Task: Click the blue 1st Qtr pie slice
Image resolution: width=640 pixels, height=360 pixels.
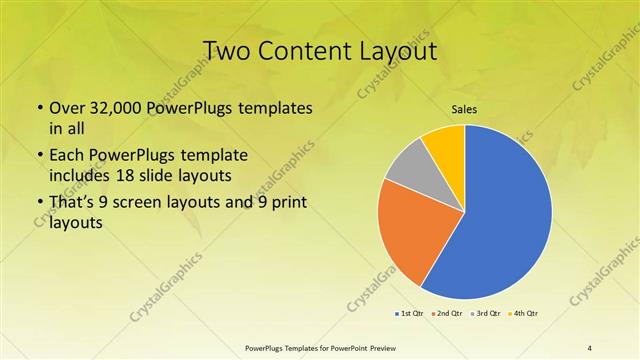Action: [x=505, y=215]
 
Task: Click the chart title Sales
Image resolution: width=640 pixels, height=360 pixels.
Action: [x=465, y=109]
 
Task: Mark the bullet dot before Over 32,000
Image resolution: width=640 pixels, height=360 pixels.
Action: [x=40, y=108]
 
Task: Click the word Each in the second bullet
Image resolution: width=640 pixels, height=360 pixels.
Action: [x=65, y=155]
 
